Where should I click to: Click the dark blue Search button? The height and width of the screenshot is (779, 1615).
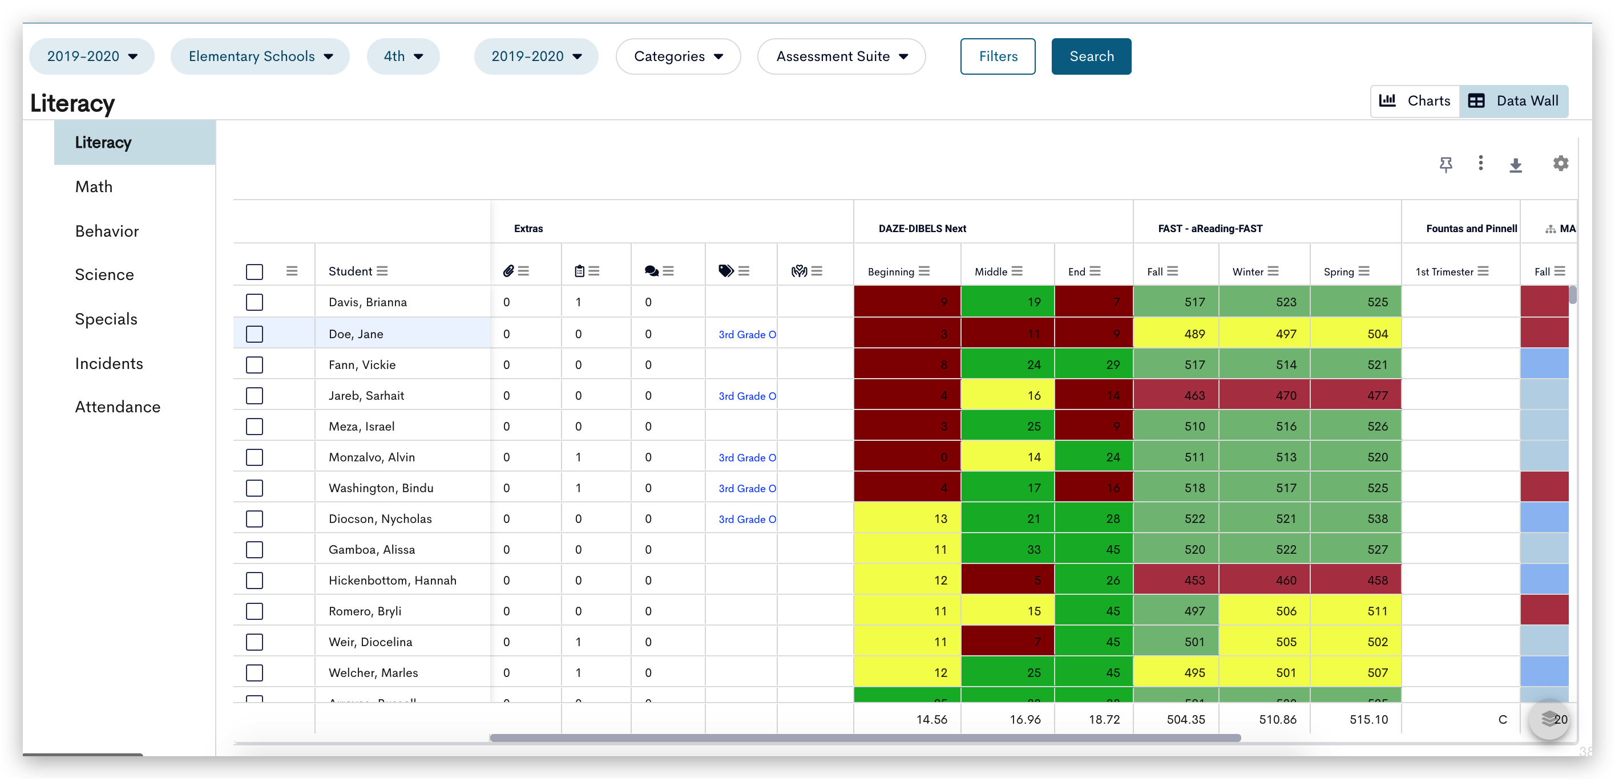coord(1091,56)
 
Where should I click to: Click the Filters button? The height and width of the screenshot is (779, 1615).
coord(998,56)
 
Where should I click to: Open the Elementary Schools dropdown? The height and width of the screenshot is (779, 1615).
coord(260,56)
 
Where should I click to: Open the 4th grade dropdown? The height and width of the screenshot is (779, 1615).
coord(403,56)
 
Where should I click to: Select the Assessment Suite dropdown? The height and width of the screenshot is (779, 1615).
coord(841,56)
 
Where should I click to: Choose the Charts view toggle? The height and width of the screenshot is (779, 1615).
coord(1416,101)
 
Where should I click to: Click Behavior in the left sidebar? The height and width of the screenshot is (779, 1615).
coord(107,232)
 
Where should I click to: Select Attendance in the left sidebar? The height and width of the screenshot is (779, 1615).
coord(117,407)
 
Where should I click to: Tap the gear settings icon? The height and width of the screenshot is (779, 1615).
coord(1560,164)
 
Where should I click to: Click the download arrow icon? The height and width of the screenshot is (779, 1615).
coord(1515,165)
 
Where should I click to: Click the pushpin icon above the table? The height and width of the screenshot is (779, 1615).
coord(1446,164)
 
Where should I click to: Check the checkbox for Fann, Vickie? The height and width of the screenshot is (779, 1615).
coord(255,365)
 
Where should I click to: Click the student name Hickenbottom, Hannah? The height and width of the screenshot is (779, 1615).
coord(392,581)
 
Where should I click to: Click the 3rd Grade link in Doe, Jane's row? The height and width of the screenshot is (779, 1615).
coord(746,335)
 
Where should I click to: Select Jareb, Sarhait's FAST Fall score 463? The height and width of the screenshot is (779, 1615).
coord(1176,395)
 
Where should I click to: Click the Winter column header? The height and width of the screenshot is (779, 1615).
coord(1247,271)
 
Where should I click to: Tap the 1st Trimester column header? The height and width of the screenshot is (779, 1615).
coord(1444,271)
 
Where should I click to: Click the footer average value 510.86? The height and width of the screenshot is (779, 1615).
coord(1277,720)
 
